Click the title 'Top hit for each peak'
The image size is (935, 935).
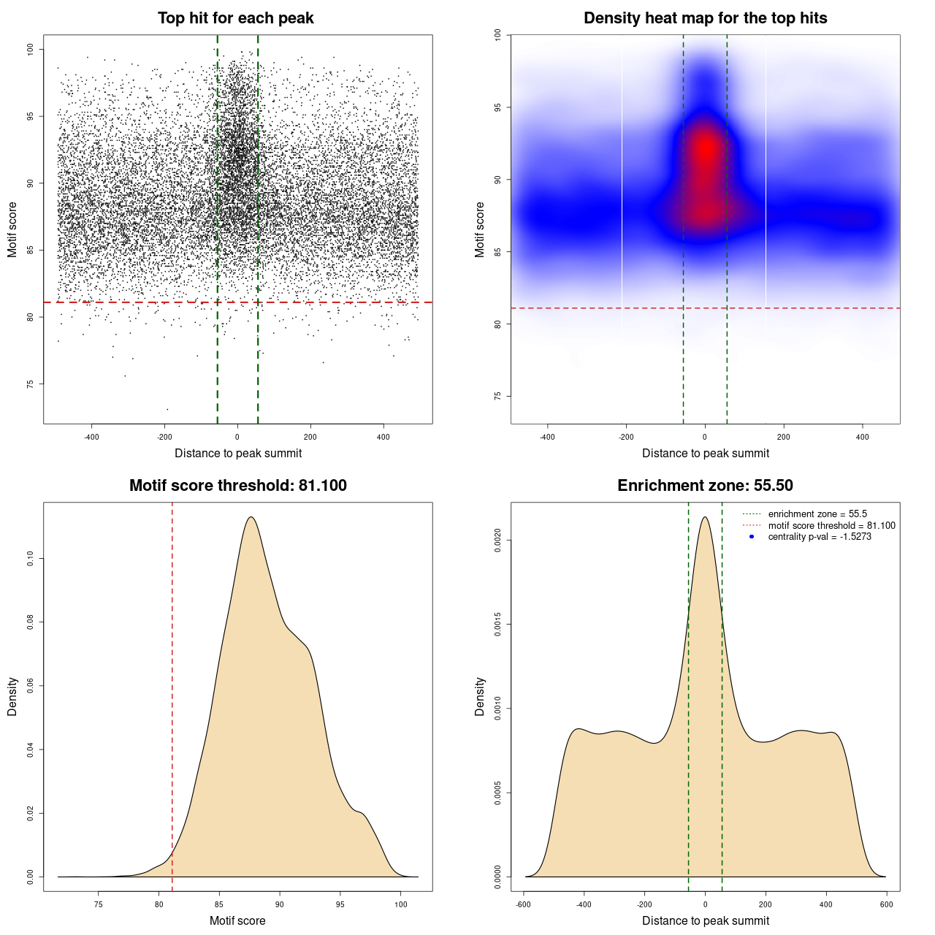pyautogui.click(x=236, y=18)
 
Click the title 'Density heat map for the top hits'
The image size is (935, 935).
pyautogui.click(x=705, y=18)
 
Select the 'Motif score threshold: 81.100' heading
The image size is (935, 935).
pyautogui.click(x=237, y=486)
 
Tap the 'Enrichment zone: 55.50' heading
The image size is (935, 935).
pyautogui.click(x=705, y=486)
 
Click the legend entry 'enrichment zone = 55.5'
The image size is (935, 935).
pyautogui.click(x=817, y=514)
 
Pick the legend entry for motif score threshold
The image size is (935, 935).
pyautogui.click(x=831, y=526)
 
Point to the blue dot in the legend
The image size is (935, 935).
pyautogui.click(x=752, y=537)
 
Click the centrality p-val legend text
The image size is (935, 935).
pyautogui.click(x=820, y=537)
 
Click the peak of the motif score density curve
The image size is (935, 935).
pyautogui.click(x=251, y=517)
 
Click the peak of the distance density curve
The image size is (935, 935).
pyautogui.click(x=705, y=517)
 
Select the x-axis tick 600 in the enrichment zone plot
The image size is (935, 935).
pyautogui.click(x=886, y=904)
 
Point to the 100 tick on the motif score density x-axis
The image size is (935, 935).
pyautogui.click(x=400, y=904)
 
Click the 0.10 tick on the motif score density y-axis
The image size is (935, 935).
pyautogui.click(x=30, y=559)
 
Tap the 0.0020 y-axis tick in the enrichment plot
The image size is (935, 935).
pyautogui.click(x=497, y=541)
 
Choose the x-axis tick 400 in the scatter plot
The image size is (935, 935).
pyautogui.click(x=383, y=437)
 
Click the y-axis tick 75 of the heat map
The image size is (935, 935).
pyautogui.click(x=497, y=396)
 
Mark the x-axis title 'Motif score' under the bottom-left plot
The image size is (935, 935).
pyautogui.click(x=237, y=920)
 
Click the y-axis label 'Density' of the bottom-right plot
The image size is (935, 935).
pyautogui.click(x=480, y=696)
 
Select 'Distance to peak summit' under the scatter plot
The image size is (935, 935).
pyautogui.click(x=238, y=453)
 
